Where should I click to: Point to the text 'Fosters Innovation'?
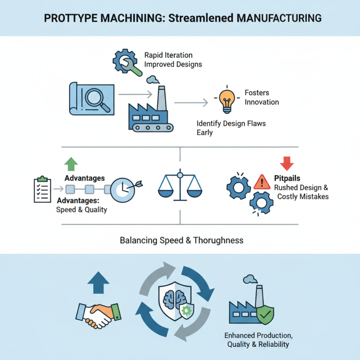click(x=261, y=97)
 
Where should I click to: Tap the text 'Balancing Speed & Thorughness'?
click(x=181, y=240)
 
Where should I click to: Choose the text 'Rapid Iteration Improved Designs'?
click(x=173, y=59)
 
